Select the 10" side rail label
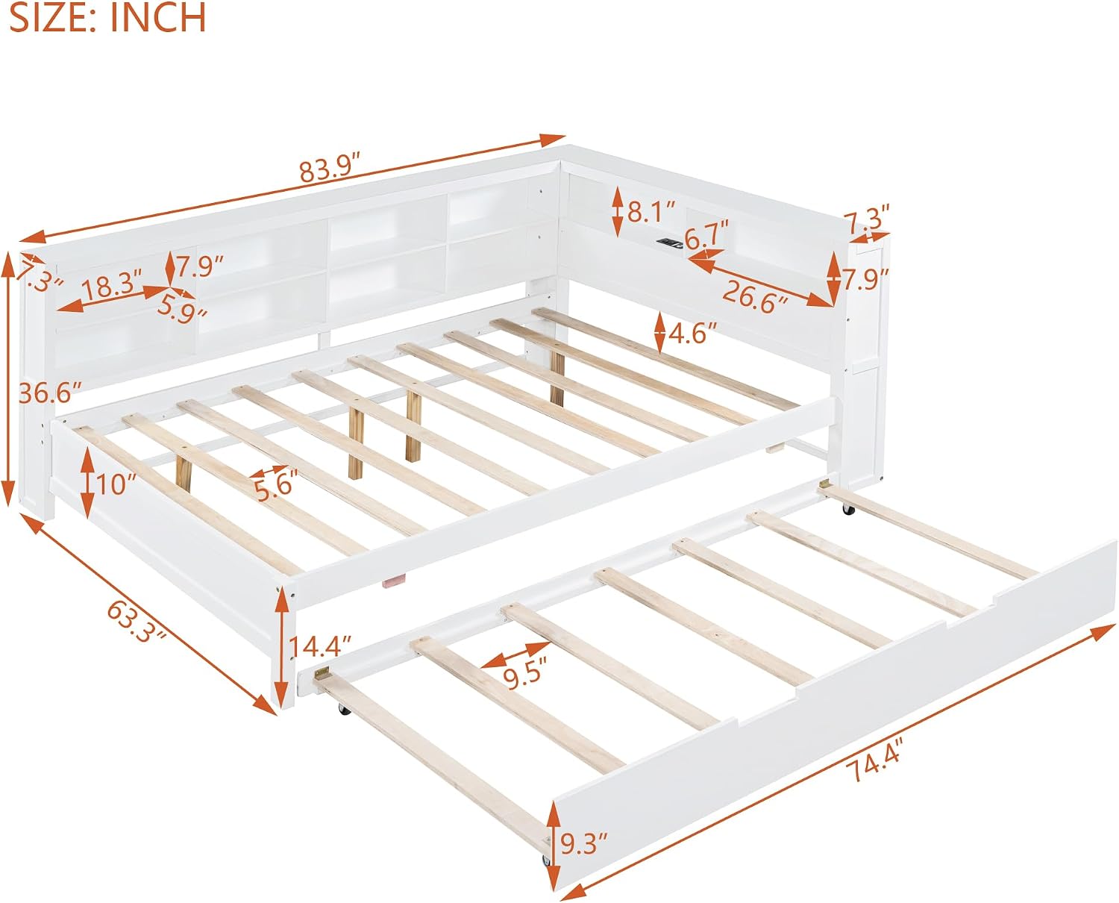point(113,484)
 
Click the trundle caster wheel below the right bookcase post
point(849,509)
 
